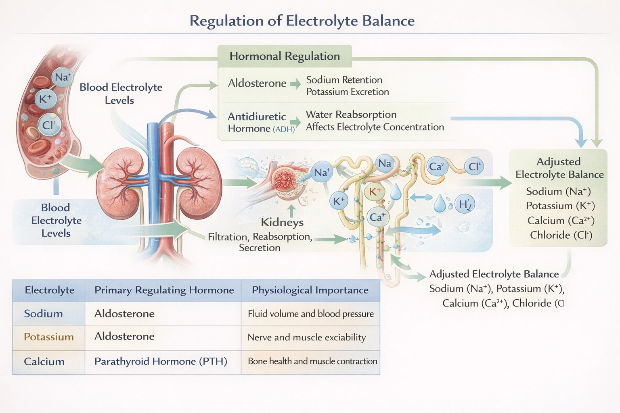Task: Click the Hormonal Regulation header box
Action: tap(285, 56)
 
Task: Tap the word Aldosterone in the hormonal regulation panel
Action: tap(257, 83)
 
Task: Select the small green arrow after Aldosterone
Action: tap(295, 84)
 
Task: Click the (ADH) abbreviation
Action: tap(284, 129)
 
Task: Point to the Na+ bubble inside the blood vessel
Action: tap(63, 77)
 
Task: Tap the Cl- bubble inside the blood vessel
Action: tap(49, 125)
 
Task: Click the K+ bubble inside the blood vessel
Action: tap(45, 98)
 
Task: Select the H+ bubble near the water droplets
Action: tap(465, 204)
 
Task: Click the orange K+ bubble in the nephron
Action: tap(375, 192)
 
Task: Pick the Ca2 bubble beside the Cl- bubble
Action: tap(437, 167)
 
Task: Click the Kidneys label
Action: tap(282, 222)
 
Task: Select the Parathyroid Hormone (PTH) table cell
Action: tap(161, 361)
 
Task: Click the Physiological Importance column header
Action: tap(310, 290)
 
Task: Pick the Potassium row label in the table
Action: tap(48, 337)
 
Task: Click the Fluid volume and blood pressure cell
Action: tap(310, 314)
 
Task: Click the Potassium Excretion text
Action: tap(348, 92)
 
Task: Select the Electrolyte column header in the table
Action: tap(49, 290)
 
